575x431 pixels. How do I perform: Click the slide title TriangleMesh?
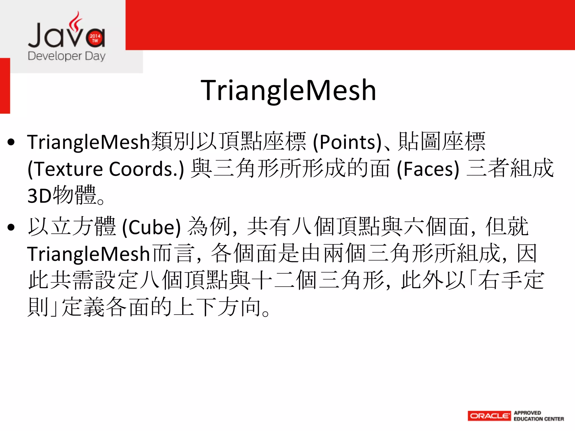coord(288,90)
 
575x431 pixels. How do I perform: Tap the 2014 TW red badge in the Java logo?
coord(95,38)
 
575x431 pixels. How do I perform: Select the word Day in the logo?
coord(95,56)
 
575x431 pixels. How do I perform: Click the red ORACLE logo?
coord(489,416)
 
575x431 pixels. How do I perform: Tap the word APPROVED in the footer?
coord(527,413)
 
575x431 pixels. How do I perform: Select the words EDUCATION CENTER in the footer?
coord(539,419)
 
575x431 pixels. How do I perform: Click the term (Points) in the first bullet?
coord(348,142)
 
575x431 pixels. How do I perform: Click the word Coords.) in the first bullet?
coord(146,169)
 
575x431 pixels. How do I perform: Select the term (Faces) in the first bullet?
coord(428,169)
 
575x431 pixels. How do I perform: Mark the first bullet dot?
coord(11,142)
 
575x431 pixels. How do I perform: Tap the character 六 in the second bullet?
coord(414,227)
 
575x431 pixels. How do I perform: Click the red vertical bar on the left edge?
coord(5,86)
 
